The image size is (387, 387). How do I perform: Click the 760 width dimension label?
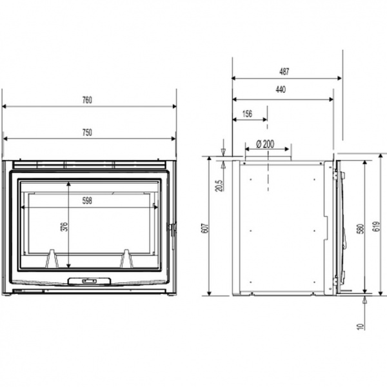point(87,100)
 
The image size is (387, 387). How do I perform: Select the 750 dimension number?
point(87,133)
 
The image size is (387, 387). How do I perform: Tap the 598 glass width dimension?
point(87,201)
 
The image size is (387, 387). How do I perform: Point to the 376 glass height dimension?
point(64,227)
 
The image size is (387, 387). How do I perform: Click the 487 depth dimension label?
point(284,72)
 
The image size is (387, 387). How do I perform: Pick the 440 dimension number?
point(281,90)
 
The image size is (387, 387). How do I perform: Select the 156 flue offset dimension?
point(247,114)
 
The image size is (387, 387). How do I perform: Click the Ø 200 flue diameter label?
point(265,144)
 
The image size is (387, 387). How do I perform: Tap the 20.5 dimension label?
point(219,185)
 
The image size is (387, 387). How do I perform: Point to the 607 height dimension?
point(206,228)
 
